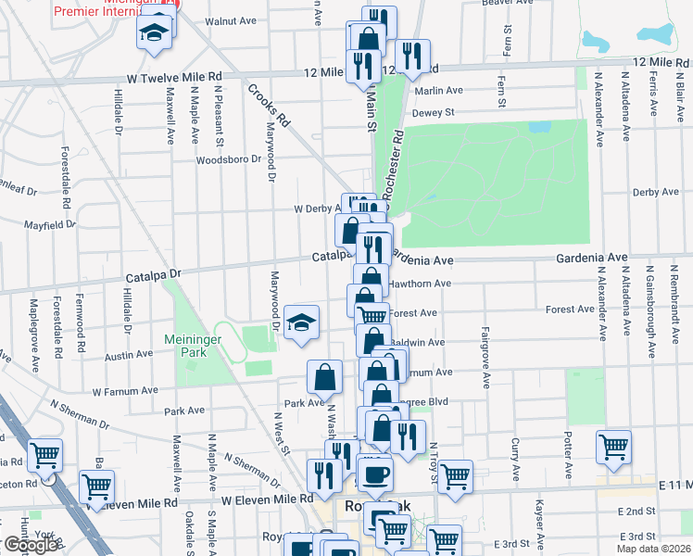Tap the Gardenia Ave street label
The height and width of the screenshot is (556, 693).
tap(591, 257)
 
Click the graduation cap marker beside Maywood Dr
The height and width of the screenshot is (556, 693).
tap(301, 322)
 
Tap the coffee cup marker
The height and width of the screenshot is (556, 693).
tap(375, 475)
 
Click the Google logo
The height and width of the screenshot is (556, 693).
tap(30, 546)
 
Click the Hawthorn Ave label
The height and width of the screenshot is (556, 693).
tap(421, 284)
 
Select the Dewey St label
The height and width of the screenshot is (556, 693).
tap(433, 113)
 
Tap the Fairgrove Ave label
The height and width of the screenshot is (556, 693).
tap(485, 357)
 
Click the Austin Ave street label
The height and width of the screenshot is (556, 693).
tap(129, 355)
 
